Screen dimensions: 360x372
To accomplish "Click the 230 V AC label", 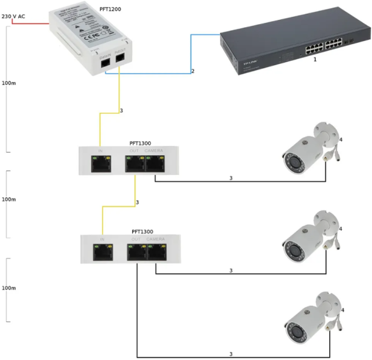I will coord(13,17).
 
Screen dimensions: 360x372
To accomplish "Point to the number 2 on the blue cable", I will coord(193,72).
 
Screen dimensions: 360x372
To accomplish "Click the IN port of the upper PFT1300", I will coord(100,164).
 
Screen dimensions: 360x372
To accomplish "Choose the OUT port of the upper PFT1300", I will coord(135,164).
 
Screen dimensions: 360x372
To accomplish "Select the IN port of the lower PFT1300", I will coord(102,251).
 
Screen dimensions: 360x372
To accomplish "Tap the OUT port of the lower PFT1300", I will coord(136,251).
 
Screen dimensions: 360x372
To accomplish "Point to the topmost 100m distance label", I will coord(9,83).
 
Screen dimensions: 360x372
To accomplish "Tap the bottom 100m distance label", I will coord(9,288).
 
